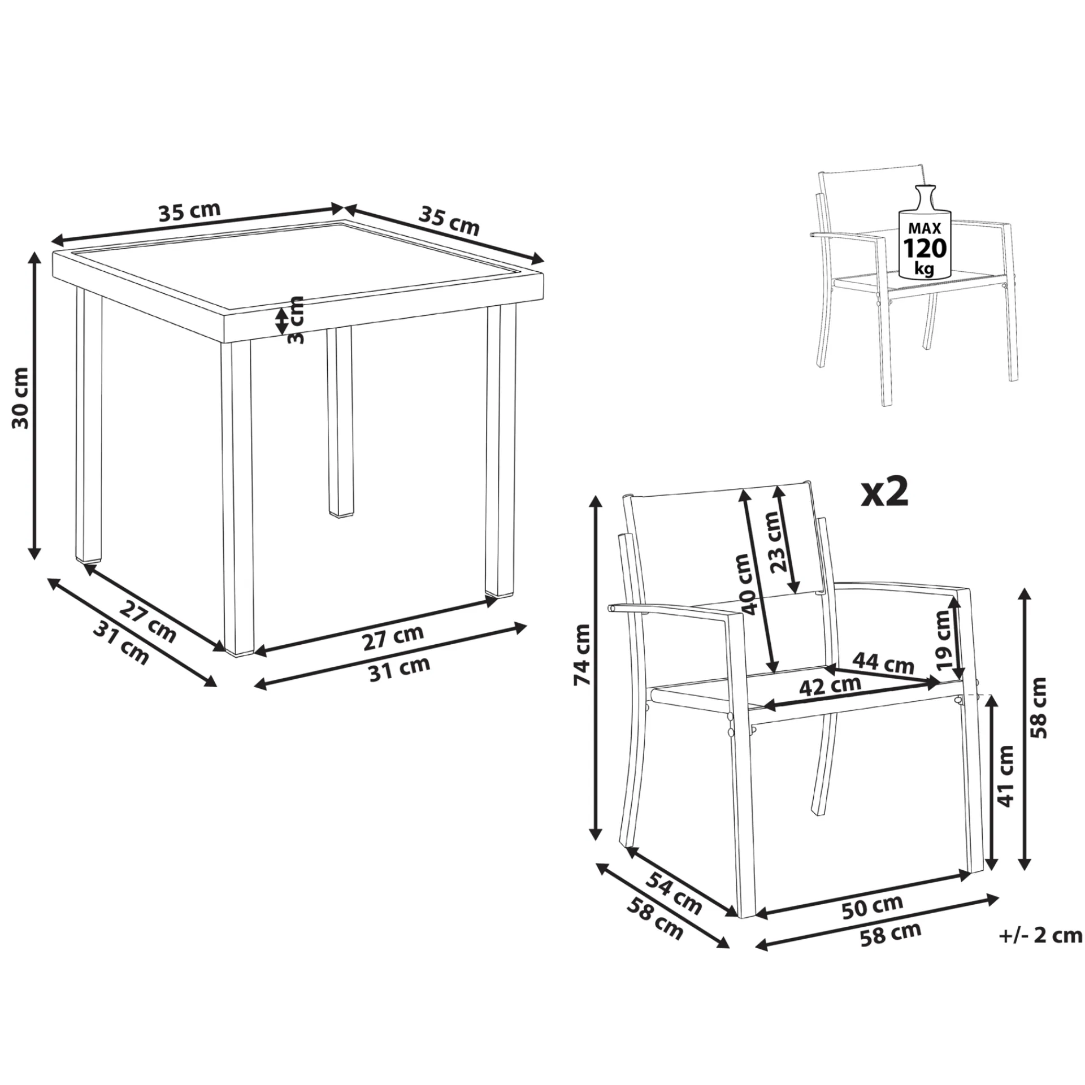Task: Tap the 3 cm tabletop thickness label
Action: click(296, 319)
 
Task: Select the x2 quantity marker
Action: click(884, 491)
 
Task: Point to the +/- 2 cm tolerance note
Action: click(1040, 935)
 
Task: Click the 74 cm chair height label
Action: click(581, 654)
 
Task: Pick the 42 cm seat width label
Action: click(830, 685)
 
